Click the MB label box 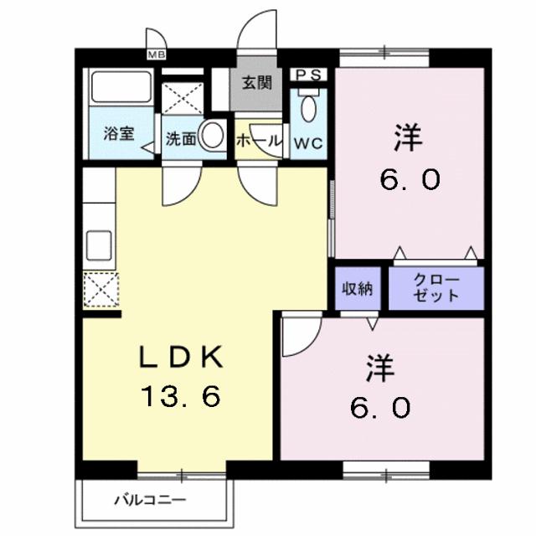point(155,55)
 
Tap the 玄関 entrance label point(257,83)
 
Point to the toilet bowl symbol point(307,108)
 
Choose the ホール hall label point(258,142)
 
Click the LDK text point(179,358)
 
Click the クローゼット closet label point(436,288)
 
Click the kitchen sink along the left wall point(100,244)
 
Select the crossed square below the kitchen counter point(100,291)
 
